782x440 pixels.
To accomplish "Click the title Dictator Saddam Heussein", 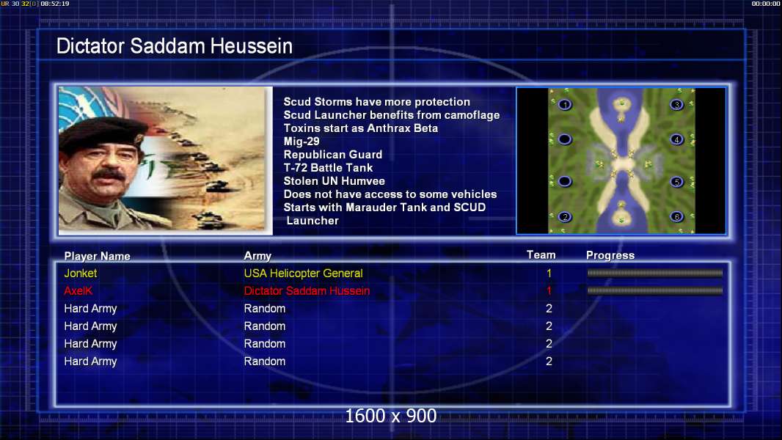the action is coord(174,46).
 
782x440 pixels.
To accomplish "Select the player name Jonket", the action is coord(80,273).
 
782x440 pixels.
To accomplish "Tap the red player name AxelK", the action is coord(78,290).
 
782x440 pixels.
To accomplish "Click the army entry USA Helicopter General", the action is coord(303,273).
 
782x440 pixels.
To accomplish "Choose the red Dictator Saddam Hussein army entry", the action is coord(307,290).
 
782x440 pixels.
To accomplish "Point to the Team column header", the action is coord(541,255).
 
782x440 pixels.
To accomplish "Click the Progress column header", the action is coord(610,255).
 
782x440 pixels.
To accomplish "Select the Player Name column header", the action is coord(98,256).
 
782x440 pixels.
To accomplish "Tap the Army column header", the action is coord(257,256).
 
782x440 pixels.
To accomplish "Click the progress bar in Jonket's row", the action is coord(655,273).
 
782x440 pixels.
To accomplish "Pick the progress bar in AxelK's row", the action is coord(655,290).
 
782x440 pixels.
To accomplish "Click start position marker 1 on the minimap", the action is coord(565,105).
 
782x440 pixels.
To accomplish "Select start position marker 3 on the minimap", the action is coord(677,105).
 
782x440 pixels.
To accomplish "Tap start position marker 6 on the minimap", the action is coord(677,217).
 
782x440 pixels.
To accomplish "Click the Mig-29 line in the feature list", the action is coord(302,142).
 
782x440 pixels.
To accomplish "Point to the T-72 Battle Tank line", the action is coord(328,168).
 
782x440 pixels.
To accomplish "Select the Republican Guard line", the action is coord(332,155).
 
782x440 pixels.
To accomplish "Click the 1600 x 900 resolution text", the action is coord(391,416).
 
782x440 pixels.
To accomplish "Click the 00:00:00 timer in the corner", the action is coord(766,4).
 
